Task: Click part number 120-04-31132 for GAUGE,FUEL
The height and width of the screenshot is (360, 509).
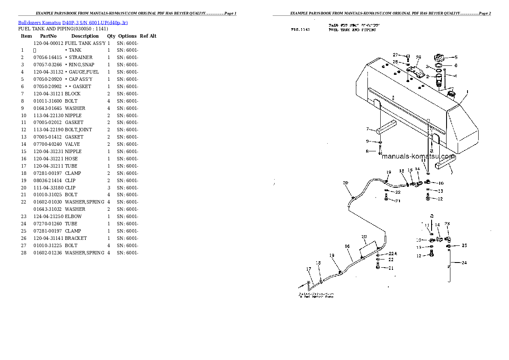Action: [48, 72]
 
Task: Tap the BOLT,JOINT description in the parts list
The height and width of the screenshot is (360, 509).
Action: [78, 130]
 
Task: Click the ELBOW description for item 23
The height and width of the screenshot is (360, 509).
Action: [73, 216]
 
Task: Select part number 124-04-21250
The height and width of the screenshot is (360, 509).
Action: [48, 216]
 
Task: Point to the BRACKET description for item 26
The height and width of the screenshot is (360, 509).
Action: [76, 238]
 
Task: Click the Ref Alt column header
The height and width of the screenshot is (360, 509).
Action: [148, 36]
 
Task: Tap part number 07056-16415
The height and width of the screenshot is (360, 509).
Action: [48, 57]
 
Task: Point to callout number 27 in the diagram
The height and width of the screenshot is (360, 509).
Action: [396, 55]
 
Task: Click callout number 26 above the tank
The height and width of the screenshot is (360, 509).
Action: [418, 57]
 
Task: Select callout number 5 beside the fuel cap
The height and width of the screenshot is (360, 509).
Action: [456, 57]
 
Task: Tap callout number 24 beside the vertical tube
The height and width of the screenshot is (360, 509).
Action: [464, 263]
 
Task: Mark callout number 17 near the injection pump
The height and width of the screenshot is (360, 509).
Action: [308, 269]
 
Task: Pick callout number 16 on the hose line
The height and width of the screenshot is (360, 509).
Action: [347, 246]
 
